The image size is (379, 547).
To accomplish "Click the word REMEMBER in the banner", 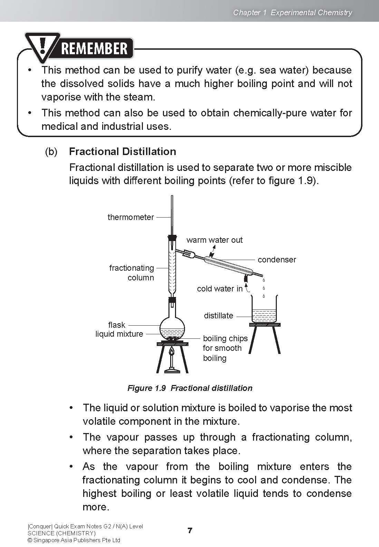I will [94, 48].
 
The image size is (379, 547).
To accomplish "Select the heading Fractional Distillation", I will [123, 152].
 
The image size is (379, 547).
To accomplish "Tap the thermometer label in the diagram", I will [130, 217].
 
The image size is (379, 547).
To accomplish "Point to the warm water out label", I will [214, 240].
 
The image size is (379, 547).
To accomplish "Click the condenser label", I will [277, 260].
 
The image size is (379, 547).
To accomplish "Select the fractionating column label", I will [132, 273].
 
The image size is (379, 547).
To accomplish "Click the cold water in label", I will [220, 289].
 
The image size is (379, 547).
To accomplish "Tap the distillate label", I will [218, 316].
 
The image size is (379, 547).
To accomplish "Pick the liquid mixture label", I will [119, 334].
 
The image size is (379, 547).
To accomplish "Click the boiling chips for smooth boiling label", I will [225, 348].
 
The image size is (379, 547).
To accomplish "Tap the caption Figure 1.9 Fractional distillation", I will [190, 388].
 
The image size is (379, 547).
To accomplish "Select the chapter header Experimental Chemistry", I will [311, 13].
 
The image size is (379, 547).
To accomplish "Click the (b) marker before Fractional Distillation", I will [51, 152].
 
